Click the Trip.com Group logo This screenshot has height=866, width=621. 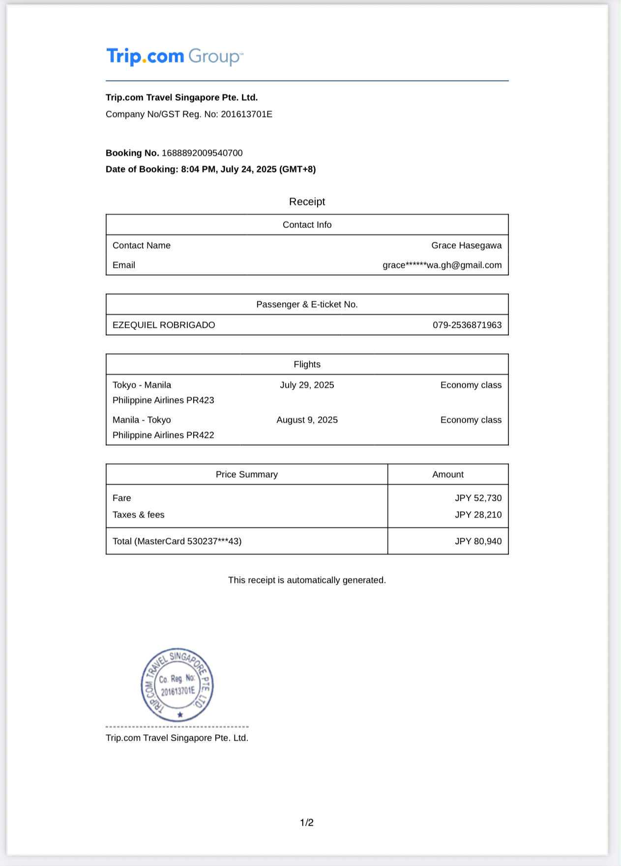coord(175,57)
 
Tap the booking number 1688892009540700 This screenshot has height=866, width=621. coord(202,153)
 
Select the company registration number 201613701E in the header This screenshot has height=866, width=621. coord(246,114)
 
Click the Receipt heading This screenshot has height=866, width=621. coord(307,202)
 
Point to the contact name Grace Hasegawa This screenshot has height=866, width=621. coord(466,245)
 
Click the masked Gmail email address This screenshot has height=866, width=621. coord(442,265)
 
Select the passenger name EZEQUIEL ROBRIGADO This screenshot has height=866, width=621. coord(164,325)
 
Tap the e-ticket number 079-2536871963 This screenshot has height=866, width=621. coord(467,325)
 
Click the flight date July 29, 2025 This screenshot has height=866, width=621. coord(307,385)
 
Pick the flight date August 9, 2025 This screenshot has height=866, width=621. coord(307,420)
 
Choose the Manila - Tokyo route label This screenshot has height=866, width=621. coord(142,420)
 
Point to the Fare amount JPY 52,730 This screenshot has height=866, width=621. coord(478,498)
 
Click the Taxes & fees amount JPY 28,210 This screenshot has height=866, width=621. coord(478,515)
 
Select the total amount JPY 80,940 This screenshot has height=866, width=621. coord(478,541)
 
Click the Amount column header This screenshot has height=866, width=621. coord(447,474)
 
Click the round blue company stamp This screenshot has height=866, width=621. coord(177,685)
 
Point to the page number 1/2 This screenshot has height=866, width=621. coord(307,822)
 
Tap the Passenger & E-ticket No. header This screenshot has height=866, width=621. coord(307,304)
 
